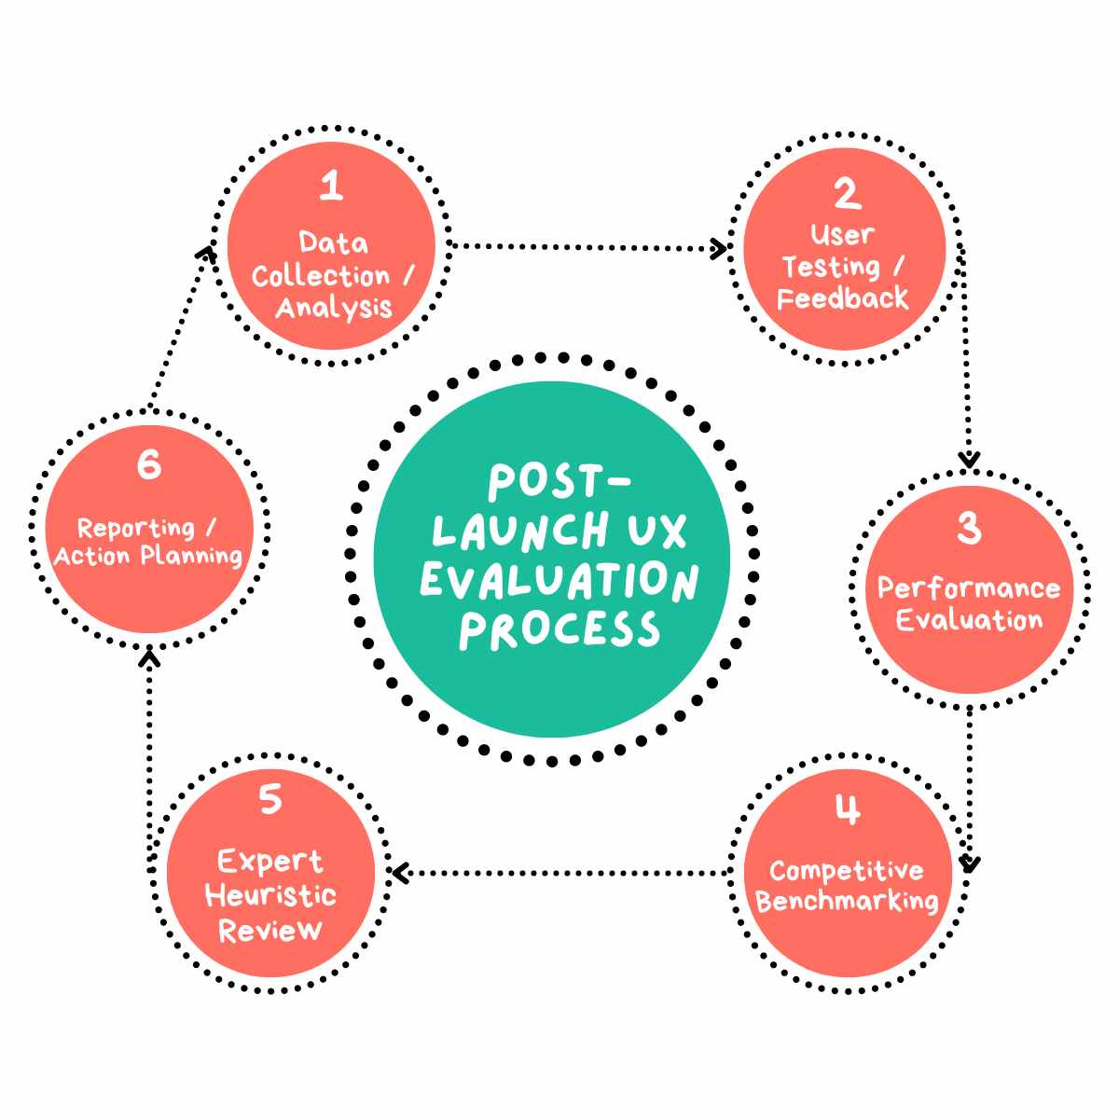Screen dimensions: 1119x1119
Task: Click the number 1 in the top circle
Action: point(331,186)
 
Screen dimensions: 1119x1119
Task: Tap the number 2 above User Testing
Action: point(847,193)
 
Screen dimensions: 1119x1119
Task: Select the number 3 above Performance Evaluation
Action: point(970,529)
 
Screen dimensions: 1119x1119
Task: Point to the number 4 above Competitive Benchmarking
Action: point(847,810)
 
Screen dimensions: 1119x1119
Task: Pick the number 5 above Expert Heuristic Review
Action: point(270,799)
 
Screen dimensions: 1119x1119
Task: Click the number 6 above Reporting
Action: point(149,463)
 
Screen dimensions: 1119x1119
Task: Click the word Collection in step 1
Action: point(320,276)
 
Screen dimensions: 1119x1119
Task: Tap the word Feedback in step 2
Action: point(843,299)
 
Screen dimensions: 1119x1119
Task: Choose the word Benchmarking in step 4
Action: point(847,902)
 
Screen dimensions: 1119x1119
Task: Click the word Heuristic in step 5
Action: point(270,896)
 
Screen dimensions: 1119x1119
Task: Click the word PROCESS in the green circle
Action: point(559,630)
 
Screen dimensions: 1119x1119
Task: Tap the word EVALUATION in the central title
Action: point(559,580)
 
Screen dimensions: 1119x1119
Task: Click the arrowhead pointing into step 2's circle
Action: point(719,248)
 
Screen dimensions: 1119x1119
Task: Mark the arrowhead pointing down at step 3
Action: point(970,460)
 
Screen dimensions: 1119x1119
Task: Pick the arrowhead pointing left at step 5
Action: point(400,874)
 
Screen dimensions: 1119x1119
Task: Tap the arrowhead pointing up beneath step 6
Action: point(150,658)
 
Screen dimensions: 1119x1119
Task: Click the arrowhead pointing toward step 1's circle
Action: point(207,253)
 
